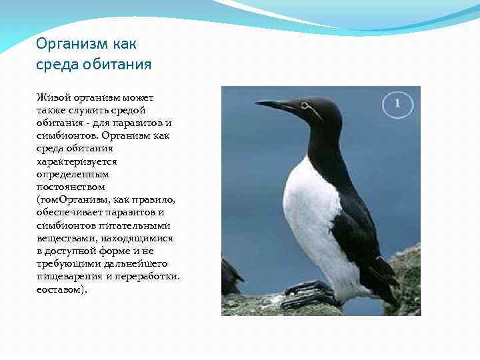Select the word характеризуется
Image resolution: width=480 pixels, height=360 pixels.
coord(77,161)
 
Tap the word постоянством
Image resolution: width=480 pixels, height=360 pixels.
coord(71,187)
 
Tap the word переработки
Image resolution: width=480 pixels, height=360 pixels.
coord(148,275)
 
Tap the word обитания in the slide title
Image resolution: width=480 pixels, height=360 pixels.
coord(117,65)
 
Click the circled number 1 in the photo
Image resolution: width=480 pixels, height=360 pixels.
coord(397,103)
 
